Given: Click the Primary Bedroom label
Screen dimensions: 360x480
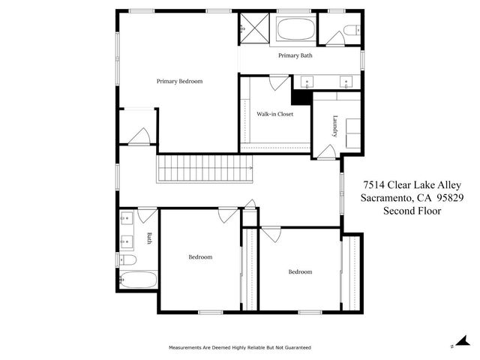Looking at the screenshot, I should pyautogui.click(x=179, y=81).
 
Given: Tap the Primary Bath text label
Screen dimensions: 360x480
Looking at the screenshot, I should pyautogui.click(x=295, y=55).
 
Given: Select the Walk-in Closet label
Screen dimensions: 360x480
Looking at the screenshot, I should pyautogui.click(x=274, y=114).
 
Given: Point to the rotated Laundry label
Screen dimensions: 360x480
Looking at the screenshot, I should pyautogui.click(x=334, y=125).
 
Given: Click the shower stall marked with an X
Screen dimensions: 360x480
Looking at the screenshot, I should pyautogui.click(x=255, y=29).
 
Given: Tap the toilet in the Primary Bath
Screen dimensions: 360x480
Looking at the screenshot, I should pyautogui.click(x=350, y=31).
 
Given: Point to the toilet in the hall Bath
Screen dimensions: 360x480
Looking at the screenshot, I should pyautogui.click(x=127, y=259).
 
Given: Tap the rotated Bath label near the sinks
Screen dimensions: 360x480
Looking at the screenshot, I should pyautogui.click(x=149, y=238).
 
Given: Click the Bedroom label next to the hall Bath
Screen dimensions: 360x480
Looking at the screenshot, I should pyautogui.click(x=199, y=257).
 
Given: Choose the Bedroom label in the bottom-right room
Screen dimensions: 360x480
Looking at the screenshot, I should pyautogui.click(x=300, y=271).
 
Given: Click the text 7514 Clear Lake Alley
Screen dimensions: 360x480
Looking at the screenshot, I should pyautogui.click(x=411, y=184).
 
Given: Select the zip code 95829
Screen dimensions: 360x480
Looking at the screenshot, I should pyautogui.click(x=447, y=198).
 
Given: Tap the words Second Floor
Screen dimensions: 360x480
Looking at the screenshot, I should pyautogui.click(x=412, y=211).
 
